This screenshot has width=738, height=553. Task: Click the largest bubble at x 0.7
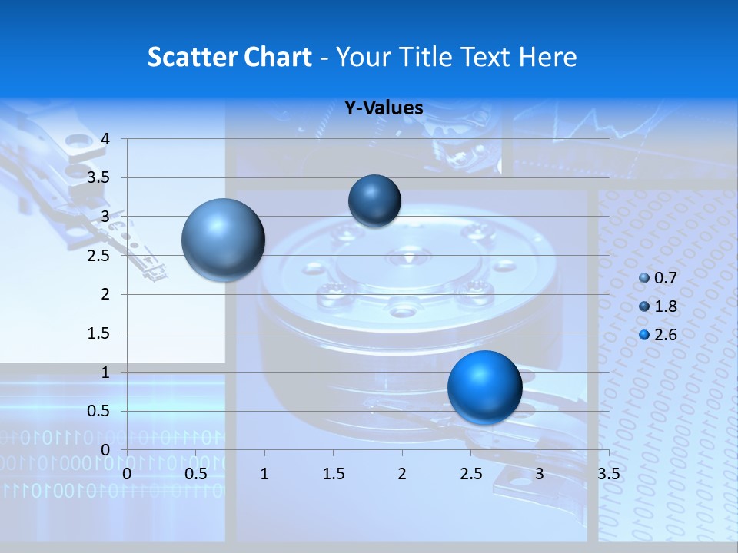point(223,240)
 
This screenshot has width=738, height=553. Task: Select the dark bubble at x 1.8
point(374,200)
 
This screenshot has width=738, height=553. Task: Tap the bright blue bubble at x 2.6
point(484,387)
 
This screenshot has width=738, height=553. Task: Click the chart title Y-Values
point(384,108)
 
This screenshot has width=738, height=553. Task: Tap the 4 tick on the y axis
point(106,139)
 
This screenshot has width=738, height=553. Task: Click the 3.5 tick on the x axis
point(608,474)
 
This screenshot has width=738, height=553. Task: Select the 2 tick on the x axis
point(402,474)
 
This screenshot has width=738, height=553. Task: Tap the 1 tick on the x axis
point(264,474)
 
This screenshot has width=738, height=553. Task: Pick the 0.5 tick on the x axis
point(196,474)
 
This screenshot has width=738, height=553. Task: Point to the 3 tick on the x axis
point(540,474)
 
